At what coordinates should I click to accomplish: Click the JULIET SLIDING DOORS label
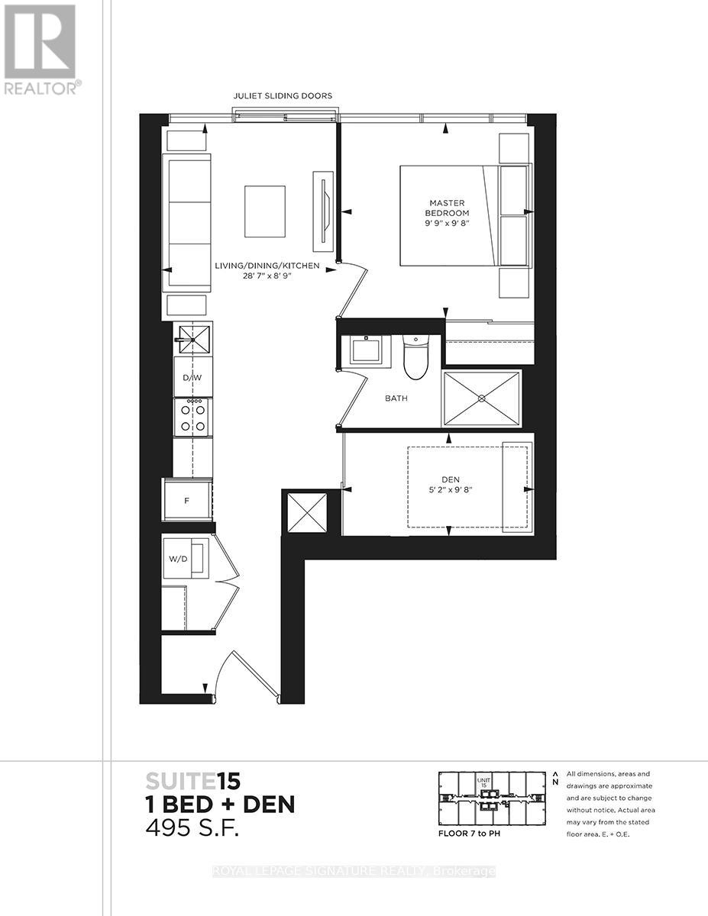click(283, 96)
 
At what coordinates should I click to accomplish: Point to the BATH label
click(396, 398)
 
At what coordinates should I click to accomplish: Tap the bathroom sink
click(370, 350)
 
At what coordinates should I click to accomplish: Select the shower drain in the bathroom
click(481, 398)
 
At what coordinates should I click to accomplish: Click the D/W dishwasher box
click(192, 379)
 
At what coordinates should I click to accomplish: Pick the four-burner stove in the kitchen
click(192, 417)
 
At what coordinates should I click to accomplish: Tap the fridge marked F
click(188, 502)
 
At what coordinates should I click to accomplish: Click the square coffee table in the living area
click(264, 211)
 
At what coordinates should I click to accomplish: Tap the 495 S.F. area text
click(192, 828)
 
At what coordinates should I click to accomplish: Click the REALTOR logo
click(40, 49)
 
